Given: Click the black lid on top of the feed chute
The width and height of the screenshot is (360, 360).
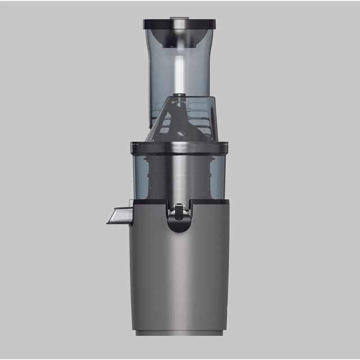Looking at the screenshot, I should [179, 24].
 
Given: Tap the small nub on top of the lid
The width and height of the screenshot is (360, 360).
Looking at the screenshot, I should [179, 18].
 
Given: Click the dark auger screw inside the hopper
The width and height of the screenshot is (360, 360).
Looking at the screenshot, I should [179, 121].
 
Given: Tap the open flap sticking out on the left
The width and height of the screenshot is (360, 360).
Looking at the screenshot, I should [119, 215].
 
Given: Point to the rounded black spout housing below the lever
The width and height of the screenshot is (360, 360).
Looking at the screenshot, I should [179, 226].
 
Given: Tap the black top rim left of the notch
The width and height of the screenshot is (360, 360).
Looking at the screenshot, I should [149, 202].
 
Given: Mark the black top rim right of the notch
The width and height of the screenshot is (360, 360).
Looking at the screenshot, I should [210, 202].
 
